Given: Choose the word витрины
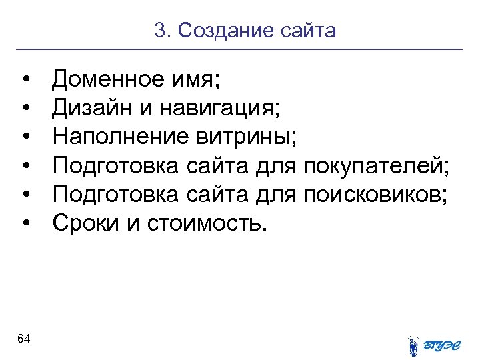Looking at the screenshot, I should [x=259, y=137].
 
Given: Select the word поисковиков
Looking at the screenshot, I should [x=377, y=193].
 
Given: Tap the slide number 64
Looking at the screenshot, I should [x=24, y=339].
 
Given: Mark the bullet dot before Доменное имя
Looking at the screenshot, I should [x=25, y=81].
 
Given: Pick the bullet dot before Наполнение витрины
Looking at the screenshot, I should [x=25, y=138].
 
